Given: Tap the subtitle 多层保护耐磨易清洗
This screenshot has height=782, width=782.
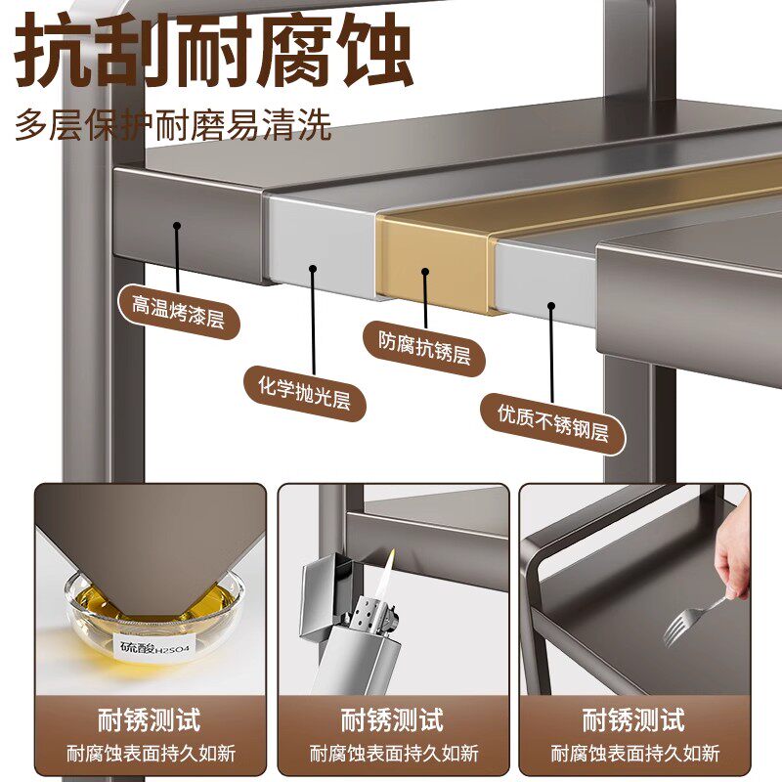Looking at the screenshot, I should pos(174,126).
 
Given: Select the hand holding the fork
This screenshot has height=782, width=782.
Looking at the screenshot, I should pos(732,561).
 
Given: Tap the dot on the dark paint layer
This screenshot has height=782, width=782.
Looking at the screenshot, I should pos(177,226).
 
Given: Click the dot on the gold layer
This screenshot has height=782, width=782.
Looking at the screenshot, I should pos(425,271).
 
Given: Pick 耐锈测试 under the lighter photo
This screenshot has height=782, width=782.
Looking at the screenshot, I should pos(392,721).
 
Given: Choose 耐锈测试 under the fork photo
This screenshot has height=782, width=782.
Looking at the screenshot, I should pos(633,721).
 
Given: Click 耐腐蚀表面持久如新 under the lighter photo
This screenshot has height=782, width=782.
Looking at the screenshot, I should pos(392,754).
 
